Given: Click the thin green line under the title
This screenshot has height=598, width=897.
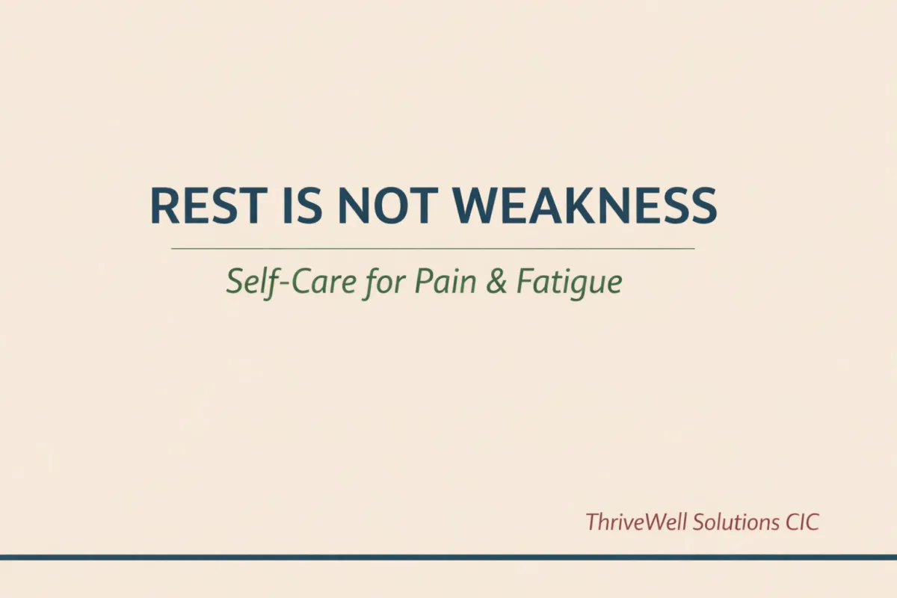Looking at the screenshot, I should (433, 248).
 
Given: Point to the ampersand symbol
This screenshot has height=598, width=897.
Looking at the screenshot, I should (497, 283).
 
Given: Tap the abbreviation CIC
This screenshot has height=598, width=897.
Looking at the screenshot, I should (802, 521).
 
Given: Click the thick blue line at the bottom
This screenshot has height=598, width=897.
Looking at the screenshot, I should (449, 557).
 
